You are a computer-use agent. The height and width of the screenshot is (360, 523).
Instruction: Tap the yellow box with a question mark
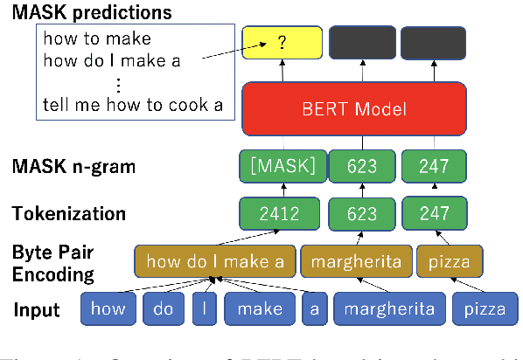282,42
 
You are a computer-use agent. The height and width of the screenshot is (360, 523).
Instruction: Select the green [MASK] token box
282,165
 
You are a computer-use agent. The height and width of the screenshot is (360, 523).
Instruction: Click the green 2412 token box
282,211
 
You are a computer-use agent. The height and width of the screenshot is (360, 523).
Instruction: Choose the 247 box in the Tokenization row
433,211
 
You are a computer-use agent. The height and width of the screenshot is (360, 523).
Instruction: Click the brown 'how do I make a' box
214,260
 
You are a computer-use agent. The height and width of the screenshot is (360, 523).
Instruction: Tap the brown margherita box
355,260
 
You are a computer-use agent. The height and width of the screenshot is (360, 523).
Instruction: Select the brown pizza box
450,260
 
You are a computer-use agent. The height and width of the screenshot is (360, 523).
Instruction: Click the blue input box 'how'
108,308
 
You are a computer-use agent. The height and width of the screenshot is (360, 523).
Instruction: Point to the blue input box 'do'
164,308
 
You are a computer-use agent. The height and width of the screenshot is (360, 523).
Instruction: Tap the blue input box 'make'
261,308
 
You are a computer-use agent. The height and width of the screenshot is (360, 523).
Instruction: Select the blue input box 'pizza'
483,308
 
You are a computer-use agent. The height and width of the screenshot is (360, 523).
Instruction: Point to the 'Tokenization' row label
68,212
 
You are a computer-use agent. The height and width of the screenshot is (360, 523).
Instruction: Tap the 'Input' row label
38,309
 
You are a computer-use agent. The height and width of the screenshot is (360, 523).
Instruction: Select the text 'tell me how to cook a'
132,107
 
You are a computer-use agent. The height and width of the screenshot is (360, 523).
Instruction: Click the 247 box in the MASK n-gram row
433,165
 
